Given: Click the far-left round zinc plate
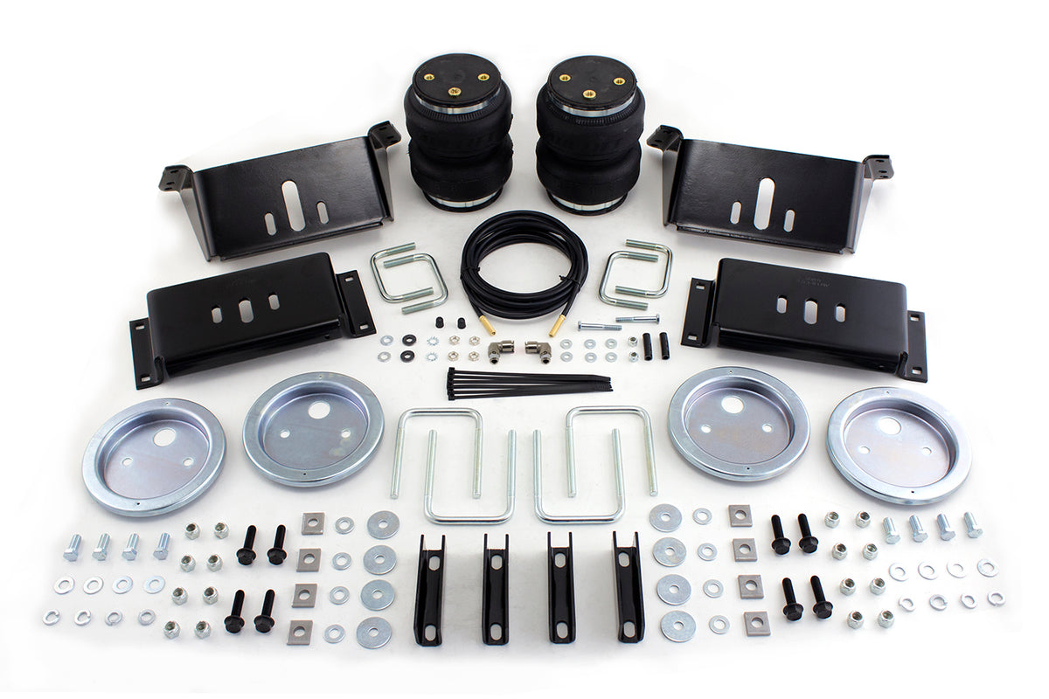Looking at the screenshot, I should tap(154, 455).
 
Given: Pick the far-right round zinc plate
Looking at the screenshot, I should tap(899, 445).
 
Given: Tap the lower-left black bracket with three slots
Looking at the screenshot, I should tap(249, 315).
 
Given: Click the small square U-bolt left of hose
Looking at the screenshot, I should tap(408, 278).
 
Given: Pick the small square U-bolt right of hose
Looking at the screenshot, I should tap(636, 273).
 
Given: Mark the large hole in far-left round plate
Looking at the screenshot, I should tap(164, 438).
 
